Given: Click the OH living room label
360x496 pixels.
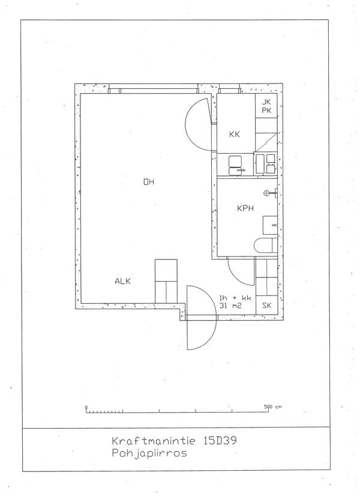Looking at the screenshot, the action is pyautogui.click(x=149, y=182).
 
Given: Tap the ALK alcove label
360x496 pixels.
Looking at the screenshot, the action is pyautogui.click(x=122, y=281).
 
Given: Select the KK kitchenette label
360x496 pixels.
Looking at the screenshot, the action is pyautogui.click(x=235, y=135).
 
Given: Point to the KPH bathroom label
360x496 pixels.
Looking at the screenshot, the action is pyautogui.click(x=245, y=208).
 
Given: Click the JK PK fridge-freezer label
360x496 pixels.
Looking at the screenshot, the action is pyautogui.click(x=266, y=106).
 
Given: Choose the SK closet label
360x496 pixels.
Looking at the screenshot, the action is pyautogui.click(x=267, y=306).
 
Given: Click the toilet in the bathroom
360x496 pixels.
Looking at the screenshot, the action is pyautogui.click(x=265, y=245).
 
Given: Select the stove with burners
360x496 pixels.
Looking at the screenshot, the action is pyautogui.click(x=265, y=164).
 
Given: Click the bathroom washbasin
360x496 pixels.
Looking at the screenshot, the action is pyautogui.click(x=270, y=225).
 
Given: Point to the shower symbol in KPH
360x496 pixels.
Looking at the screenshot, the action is pyautogui.click(x=271, y=192).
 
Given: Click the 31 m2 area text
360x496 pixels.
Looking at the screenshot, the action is pyautogui.click(x=230, y=306).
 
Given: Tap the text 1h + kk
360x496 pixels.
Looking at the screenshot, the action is pyautogui.click(x=235, y=298).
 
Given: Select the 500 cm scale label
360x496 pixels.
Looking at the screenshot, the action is pyautogui.click(x=272, y=407).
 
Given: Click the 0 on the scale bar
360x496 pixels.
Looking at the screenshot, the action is pyautogui.click(x=86, y=407).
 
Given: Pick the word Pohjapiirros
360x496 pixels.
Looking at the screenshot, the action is pyautogui.click(x=149, y=453).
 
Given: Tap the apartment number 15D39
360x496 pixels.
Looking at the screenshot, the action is pyautogui.click(x=218, y=441).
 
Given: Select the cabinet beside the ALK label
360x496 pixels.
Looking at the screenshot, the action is pyautogui.click(x=166, y=281).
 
